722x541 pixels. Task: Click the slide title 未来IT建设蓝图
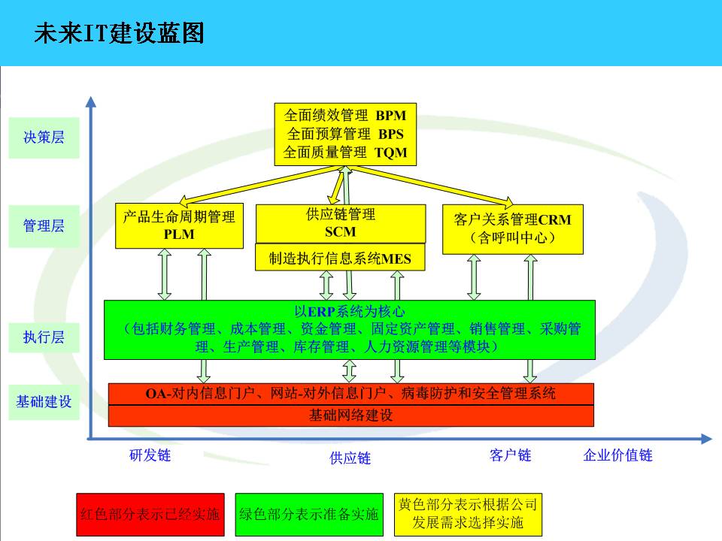coord(119,33)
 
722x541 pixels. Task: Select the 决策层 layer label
coord(44,138)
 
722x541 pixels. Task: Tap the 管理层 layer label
coord(44,225)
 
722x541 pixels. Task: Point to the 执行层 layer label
coord(44,337)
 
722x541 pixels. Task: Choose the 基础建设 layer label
coord(44,401)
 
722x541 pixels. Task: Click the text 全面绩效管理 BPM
coord(345,116)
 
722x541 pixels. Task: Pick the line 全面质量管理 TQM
coord(345,153)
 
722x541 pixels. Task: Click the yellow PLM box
coord(179,225)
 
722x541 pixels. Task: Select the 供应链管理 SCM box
coord(340,223)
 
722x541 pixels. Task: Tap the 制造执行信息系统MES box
coord(340,259)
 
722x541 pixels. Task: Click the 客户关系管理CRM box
coord(512,228)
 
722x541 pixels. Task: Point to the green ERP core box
coord(350,330)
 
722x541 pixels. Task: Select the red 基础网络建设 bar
coord(350,416)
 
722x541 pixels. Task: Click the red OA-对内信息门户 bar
coord(350,393)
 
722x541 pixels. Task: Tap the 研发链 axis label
coord(150,455)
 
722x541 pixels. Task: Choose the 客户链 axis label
coord(510,455)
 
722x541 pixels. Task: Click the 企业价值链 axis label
coord(617,455)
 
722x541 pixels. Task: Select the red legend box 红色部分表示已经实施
coord(150,515)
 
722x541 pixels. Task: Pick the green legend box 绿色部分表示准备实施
coord(309,515)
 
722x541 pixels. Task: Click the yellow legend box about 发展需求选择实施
coord(468,514)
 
